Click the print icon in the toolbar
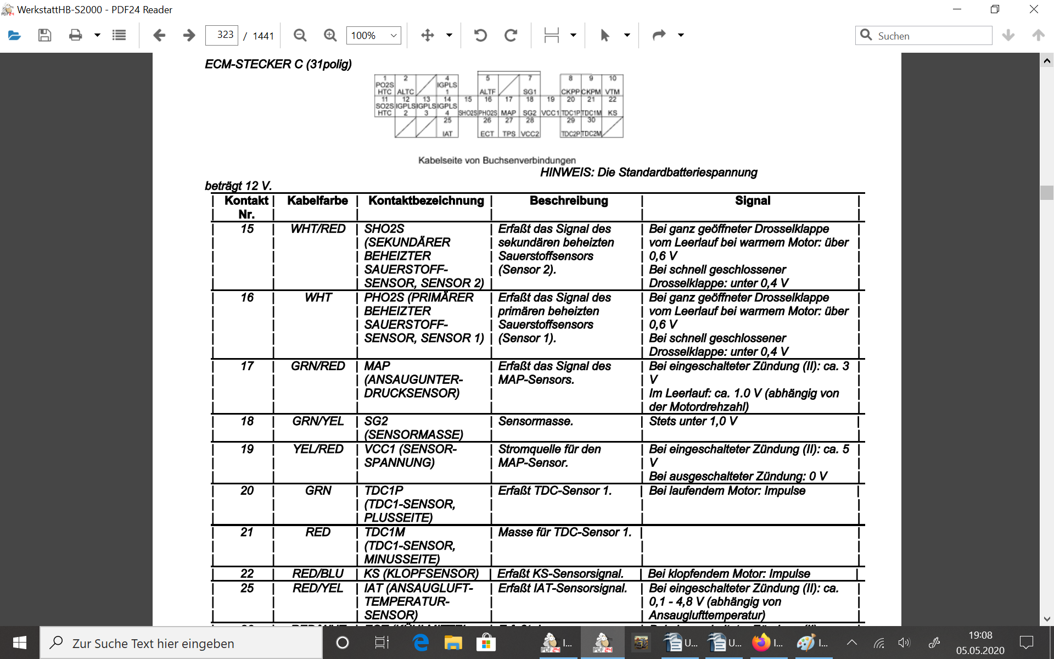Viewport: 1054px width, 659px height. pyautogui.click(x=75, y=36)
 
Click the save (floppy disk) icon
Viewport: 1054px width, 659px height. pyautogui.click(x=44, y=36)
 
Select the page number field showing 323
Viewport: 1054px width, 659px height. pyautogui.click(x=222, y=35)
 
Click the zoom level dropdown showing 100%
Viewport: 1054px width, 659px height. pyautogui.click(x=373, y=36)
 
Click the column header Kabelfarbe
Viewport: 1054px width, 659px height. pyautogui.click(x=317, y=201)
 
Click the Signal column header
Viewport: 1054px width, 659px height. pyautogui.click(x=752, y=201)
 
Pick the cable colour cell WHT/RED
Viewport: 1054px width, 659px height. pyautogui.click(x=318, y=229)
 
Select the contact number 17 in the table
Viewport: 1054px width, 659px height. pyautogui.click(x=247, y=366)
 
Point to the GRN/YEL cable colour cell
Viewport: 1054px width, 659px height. pyautogui.click(x=318, y=421)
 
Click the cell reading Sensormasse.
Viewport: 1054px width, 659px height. pyautogui.click(x=535, y=421)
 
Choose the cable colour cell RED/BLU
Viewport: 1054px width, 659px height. pyautogui.click(x=318, y=574)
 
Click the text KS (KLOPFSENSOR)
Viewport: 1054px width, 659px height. pyautogui.click(x=421, y=574)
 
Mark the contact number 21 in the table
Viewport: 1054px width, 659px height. pyautogui.click(x=247, y=532)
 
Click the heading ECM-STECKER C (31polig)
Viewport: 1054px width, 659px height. pyautogui.click(x=278, y=64)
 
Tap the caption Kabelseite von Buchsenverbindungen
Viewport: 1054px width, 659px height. pyautogui.click(x=497, y=160)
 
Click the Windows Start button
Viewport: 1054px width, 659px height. pyautogui.click(x=20, y=643)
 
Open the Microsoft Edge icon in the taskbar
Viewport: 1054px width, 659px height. pyautogui.click(x=421, y=643)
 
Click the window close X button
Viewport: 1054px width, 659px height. pyautogui.click(x=1034, y=9)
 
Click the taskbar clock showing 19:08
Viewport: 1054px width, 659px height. pyautogui.click(x=980, y=643)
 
